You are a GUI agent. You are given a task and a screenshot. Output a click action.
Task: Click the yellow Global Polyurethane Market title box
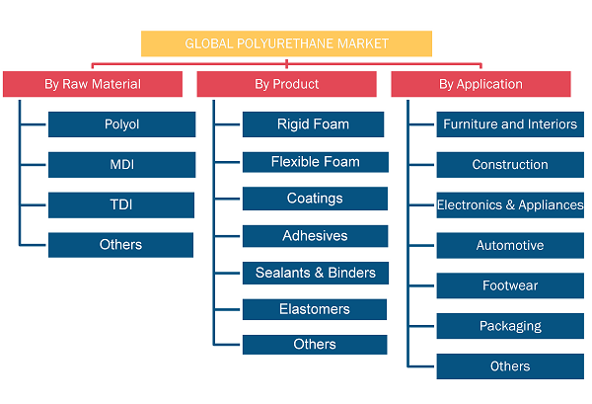click(x=286, y=43)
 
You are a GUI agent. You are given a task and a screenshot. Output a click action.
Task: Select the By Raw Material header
click(x=93, y=84)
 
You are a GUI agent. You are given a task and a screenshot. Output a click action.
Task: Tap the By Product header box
click(x=286, y=84)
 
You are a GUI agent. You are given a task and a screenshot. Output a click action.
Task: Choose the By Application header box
click(x=481, y=84)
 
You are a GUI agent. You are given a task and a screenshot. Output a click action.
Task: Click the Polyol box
click(x=122, y=124)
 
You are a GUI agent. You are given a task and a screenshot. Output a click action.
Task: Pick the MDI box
click(x=122, y=165)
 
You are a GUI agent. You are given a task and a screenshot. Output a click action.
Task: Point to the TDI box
click(x=121, y=205)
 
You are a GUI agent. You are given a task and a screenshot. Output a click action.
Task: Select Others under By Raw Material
click(x=120, y=245)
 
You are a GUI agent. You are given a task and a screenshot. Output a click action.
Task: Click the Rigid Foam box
click(x=314, y=124)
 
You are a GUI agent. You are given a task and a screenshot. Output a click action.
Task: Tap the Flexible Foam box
click(x=316, y=162)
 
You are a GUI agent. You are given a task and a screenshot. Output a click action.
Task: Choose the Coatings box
click(x=315, y=199)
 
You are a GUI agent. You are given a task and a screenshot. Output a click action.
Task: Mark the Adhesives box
click(x=316, y=236)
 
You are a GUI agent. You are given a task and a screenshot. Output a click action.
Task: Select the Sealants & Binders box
click(x=316, y=273)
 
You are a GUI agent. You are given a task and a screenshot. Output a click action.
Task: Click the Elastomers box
click(x=315, y=309)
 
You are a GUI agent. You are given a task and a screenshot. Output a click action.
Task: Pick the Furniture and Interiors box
click(x=510, y=124)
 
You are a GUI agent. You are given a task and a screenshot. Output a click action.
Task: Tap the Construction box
click(x=510, y=165)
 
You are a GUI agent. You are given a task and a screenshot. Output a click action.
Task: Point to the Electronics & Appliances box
click(x=510, y=205)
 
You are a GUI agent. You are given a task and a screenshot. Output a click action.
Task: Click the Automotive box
click(x=510, y=246)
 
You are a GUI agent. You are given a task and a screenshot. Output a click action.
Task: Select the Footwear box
click(x=510, y=285)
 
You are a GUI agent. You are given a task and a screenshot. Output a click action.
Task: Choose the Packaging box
click(x=510, y=326)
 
